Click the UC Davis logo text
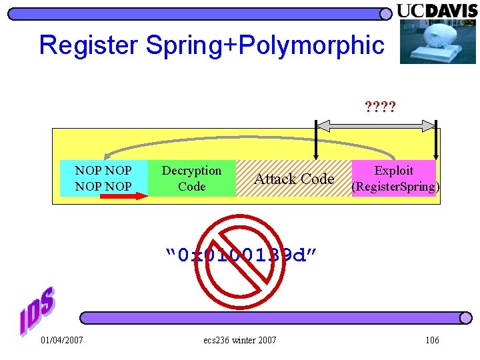point(437,11)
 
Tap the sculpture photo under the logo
point(438,41)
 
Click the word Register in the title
point(89,45)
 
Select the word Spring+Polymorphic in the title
point(265,45)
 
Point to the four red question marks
point(380,106)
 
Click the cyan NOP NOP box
point(103,178)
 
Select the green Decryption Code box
point(191,178)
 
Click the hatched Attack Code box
point(294,179)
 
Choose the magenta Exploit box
point(393,178)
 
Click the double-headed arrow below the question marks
point(375,125)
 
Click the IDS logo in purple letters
point(37,311)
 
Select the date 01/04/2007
point(62,341)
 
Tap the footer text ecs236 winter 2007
point(239,341)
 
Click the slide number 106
point(432,341)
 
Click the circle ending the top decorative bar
point(386,14)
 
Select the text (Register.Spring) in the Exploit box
point(395,187)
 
